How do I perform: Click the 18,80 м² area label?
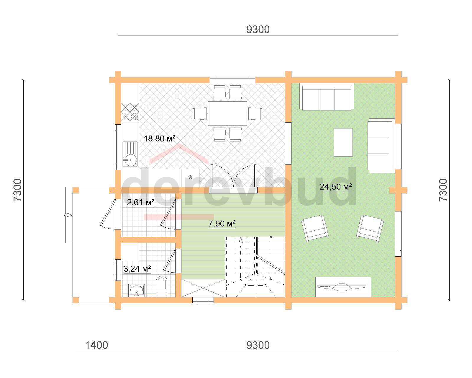160,139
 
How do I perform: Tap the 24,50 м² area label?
336,187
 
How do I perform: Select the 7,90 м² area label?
222,224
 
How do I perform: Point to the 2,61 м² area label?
141,203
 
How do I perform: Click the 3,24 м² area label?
137,269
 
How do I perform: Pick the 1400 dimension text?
96,345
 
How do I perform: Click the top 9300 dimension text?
258,30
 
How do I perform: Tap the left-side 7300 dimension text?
17,190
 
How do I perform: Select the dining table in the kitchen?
227,113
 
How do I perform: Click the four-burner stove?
130,112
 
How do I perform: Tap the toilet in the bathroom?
161,286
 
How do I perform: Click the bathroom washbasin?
136,290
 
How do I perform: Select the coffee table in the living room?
343,142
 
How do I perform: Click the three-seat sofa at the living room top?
327,97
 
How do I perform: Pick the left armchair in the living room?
315,229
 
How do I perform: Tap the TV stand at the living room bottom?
343,287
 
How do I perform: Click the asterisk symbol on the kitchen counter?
190,177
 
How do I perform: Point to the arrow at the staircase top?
241,240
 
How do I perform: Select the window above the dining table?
232,80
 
